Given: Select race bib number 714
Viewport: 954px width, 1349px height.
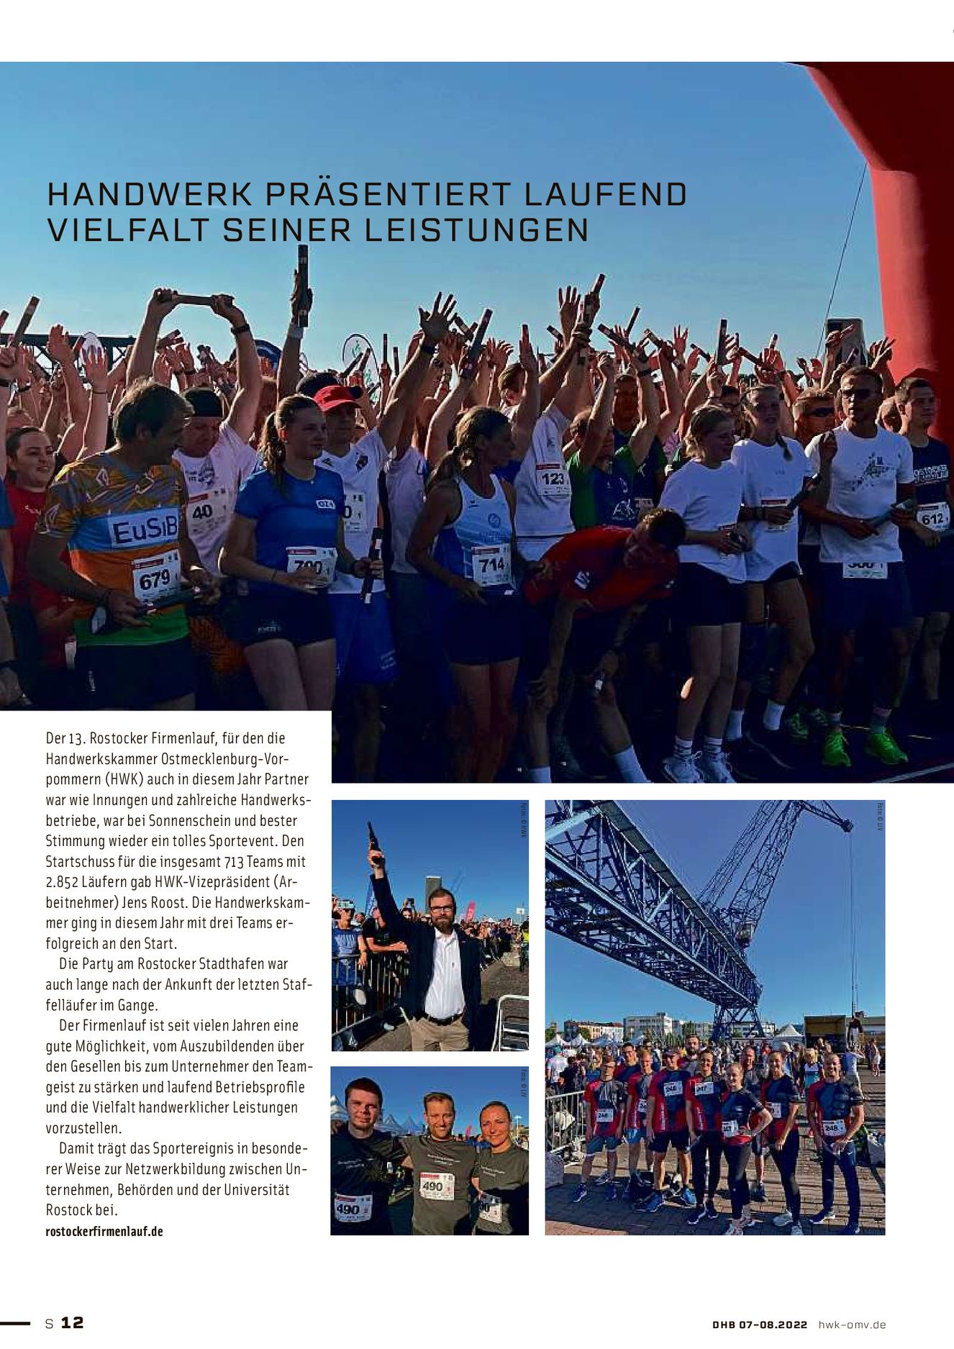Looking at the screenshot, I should pyautogui.click(x=492, y=565).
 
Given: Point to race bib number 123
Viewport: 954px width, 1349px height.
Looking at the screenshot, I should pyautogui.click(x=553, y=479).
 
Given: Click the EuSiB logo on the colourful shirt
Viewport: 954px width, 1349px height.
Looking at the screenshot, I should pyautogui.click(x=144, y=533).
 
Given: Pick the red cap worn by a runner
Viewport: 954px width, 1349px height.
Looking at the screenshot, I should pyautogui.click(x=337, y=396).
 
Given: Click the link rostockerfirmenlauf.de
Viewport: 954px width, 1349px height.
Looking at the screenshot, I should pyautogui.click(x=104, y=1231).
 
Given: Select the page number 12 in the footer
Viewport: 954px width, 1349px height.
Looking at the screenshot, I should pyautogui.click(x=72, y=1322).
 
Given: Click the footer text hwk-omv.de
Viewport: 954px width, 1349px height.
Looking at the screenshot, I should pyautogui.click(x=853, y=1325).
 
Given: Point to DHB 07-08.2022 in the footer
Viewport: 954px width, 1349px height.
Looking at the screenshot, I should pyautogui.click(x=760, y=1325).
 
